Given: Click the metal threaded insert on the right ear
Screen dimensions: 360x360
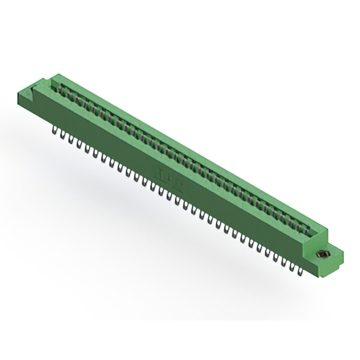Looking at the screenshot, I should [x=322, y=254].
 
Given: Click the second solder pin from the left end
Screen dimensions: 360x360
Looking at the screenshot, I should [x=62, y=135].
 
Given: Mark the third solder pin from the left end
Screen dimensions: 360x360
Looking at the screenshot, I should [x=70, y=139].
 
